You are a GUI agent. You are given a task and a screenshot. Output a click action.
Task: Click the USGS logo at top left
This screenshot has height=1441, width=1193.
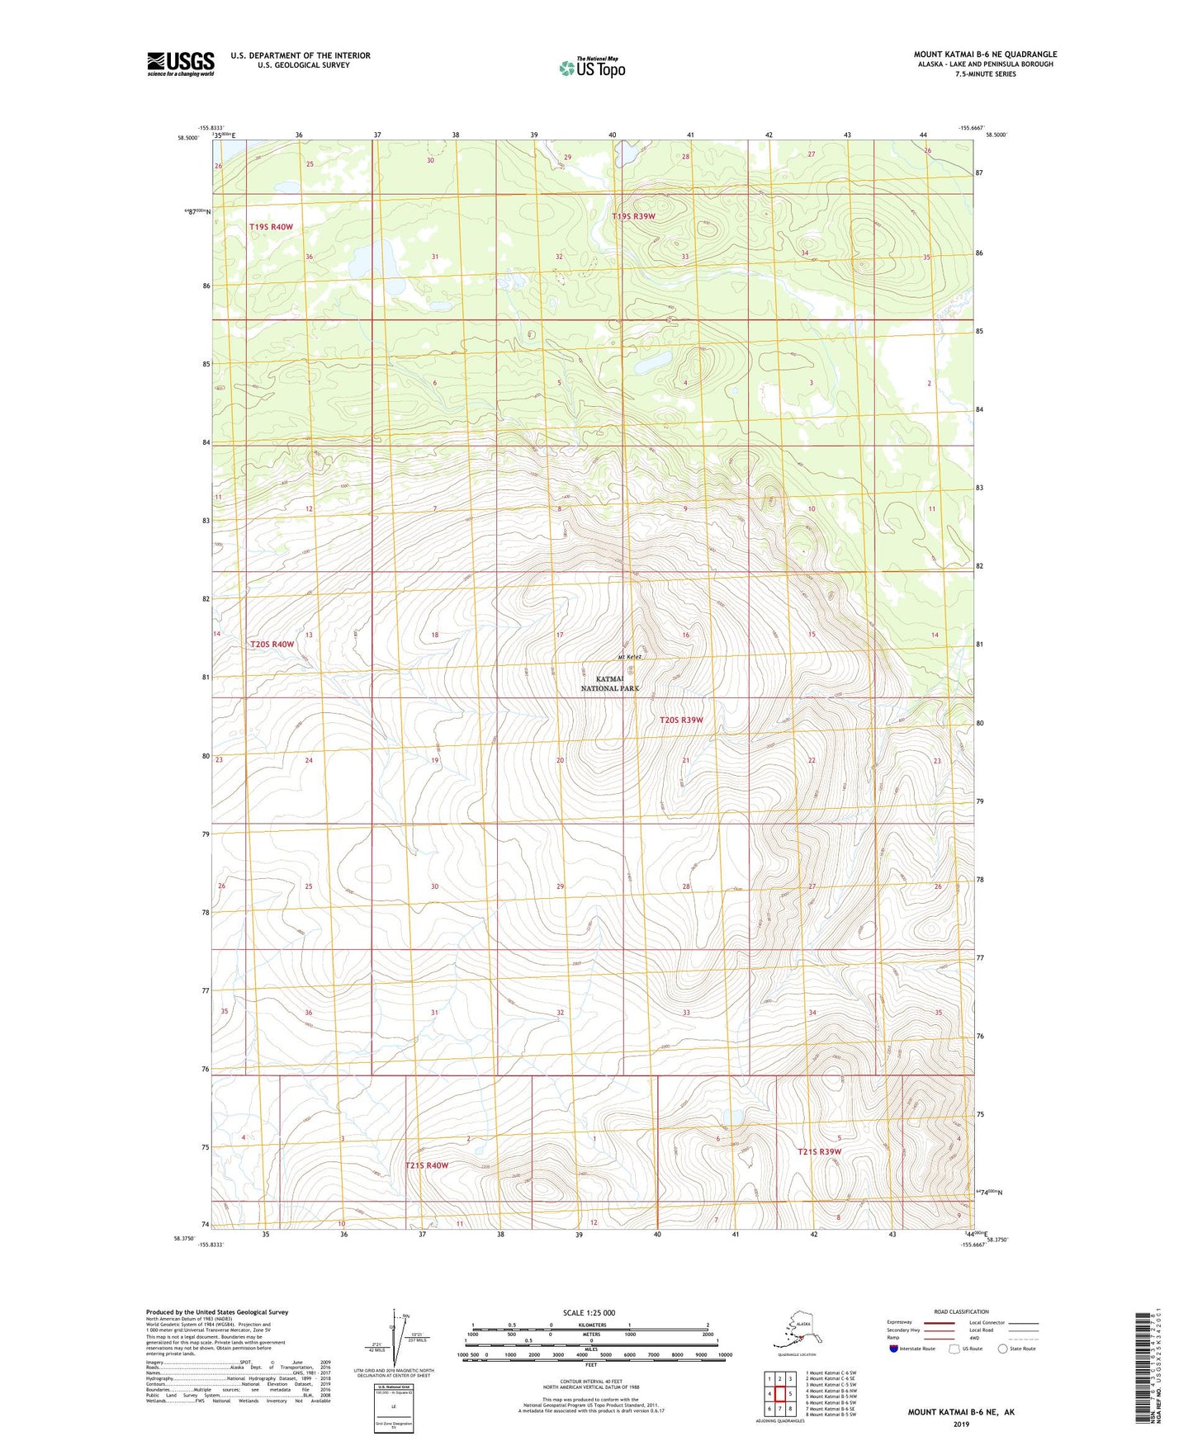pyautogui.click(x=181, y=64)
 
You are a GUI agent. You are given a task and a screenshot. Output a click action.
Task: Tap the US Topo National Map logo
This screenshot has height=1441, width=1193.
pyautogui.click(x=592, y=67)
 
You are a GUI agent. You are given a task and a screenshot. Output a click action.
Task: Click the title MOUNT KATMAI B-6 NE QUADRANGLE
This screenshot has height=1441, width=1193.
pyautogui.click(x=985, y=54)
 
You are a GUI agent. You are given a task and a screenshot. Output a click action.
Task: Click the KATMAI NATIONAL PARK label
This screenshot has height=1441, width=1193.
pyautogui.click(x=610, y=683)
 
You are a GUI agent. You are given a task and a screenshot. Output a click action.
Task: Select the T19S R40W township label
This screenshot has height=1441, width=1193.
pyautogui.click(x=271, y=226)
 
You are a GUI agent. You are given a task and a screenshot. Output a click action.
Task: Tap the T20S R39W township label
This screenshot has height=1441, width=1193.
pyautogui.click(x=681, y=720)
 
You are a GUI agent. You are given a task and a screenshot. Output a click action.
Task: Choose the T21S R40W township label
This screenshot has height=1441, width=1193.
pyautogui.click(x=426, y=1165)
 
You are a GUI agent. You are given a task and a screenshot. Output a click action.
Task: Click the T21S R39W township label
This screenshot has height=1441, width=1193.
pyautogui.click(x=819, y=1151)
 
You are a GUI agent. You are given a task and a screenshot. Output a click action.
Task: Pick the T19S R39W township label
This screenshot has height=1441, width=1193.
pyautogui.click(x=633, y=216)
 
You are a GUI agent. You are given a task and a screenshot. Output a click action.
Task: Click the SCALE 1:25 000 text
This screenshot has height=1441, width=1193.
pyautogui.click(x=589, y=1312)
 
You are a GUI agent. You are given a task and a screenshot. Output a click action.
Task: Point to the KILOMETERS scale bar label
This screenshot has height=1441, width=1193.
pyautogui.click(x=590, y=1325)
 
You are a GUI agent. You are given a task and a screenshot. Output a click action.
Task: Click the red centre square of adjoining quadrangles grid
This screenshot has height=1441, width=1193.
pyautogui.click(x=779, y=1394)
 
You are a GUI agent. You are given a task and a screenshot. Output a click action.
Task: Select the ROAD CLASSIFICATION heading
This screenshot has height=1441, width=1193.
pyautogui.click(x=961, y=1311)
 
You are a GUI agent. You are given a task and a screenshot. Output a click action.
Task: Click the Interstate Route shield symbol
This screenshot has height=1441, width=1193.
pyautogui.click(x=893, y=1349)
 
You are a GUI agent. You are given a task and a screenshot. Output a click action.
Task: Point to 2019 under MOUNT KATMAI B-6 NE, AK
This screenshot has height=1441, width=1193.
pyautogui.click(x=961, y=1424)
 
